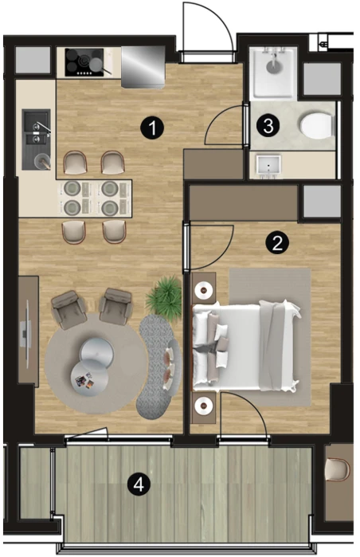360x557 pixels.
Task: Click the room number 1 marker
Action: [x=152, y=127]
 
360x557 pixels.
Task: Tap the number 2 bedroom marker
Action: [x=277, y=243]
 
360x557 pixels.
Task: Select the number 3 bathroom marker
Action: [x=268, y=125]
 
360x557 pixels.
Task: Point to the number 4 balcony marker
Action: [x=139, y=484]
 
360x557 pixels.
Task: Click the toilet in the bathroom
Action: [x=317, y=125]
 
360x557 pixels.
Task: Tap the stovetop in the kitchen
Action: [x=84, y=62]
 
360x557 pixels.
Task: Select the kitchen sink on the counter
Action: [x=36, y=139]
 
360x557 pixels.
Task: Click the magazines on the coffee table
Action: [x=84, y=380]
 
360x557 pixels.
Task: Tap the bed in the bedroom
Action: [x=246, y=347]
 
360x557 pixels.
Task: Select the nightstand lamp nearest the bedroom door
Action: [x=204, y=290]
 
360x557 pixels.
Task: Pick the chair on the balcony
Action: [x=338, y=469]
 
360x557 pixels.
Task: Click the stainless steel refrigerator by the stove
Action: [x=143, y=66]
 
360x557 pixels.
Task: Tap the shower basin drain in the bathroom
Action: [x=273, y=65]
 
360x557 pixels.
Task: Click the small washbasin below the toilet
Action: [x=268, y=166]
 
